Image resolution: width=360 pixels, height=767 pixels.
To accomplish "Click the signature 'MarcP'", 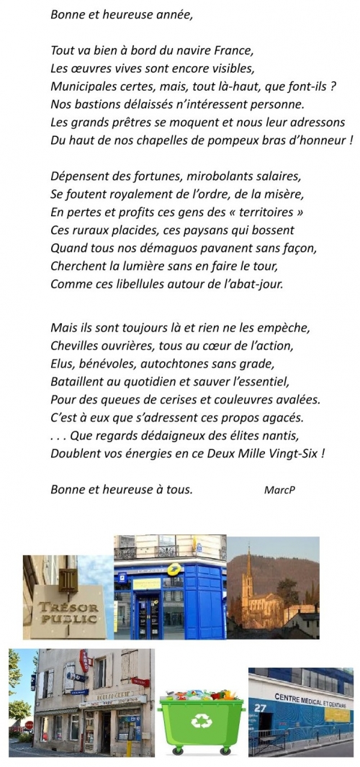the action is [x=280, y=490].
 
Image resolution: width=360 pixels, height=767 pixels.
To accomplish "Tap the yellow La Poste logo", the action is [x=172, y=570].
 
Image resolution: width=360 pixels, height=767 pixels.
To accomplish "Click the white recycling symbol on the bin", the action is [x=199, y=721].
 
